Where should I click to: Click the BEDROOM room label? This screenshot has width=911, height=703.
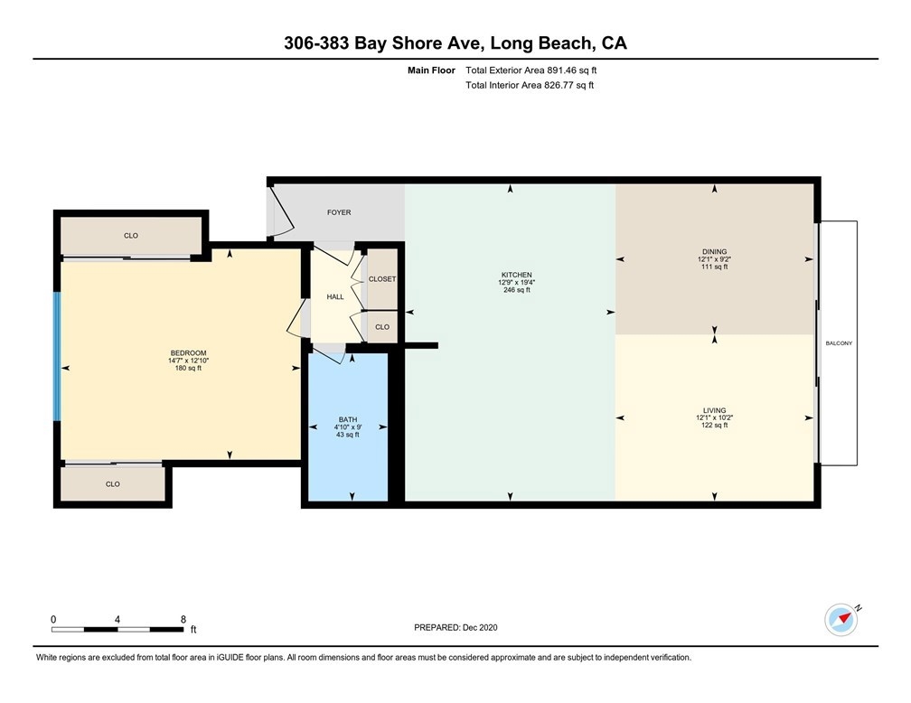click(188, 353)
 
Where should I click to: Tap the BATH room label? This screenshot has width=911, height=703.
click(348, 419)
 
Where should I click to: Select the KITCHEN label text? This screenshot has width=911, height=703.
click(517, 275)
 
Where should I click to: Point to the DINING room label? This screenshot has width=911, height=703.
click(714, 251)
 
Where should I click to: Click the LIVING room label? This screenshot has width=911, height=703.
click(714, 410)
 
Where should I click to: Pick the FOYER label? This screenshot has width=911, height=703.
click(339, 212)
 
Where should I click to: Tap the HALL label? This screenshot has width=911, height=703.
click(335, 297)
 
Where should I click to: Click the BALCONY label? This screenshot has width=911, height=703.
click(839, 343)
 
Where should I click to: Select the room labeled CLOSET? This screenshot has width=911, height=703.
click(382, 279)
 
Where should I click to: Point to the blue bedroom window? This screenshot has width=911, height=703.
click(57, 356)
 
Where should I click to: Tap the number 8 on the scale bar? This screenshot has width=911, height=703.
click(183, 619)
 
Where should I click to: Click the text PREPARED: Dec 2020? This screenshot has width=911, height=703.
click(455, 627)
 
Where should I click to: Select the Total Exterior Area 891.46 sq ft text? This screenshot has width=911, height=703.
click(531, 70)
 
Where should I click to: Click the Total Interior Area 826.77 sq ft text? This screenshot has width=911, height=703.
click(530, 85)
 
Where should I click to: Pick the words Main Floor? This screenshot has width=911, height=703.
click(431, 70)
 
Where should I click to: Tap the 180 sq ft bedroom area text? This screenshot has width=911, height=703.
click(188, 368)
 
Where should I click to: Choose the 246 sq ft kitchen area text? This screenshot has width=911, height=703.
click(517, 290)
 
